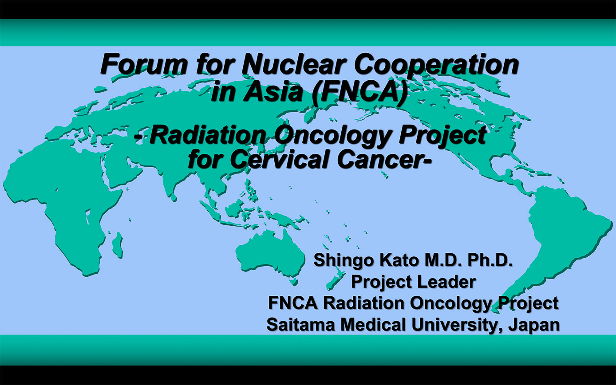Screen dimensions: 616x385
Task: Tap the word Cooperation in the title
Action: click(x=436, y=66)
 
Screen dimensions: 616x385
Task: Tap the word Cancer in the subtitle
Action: click(x=383, y=160)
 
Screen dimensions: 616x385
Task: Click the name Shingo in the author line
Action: click(x=344, y=261)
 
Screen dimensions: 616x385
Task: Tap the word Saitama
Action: click(x=301, y=325)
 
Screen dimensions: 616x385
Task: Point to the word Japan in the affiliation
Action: click(x=534, y=326)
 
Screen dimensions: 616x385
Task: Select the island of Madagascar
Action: click(x=118, y=245)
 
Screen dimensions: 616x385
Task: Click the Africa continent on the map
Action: click(x=63, y=198)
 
